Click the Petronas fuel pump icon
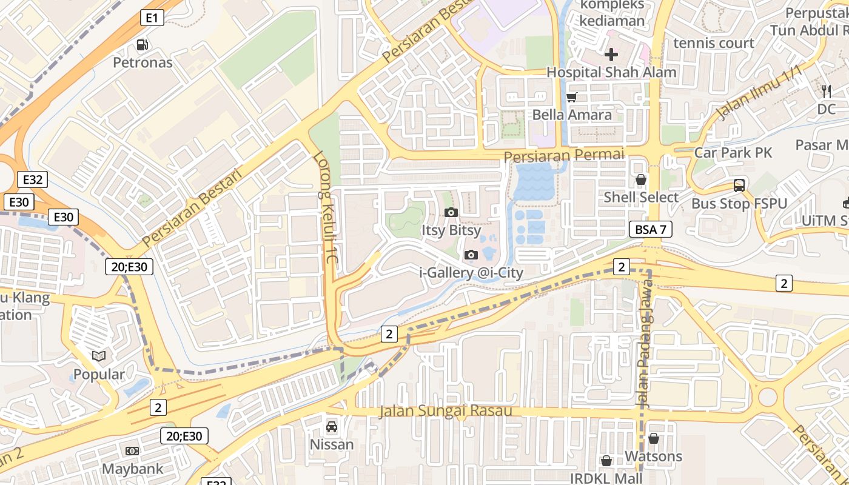143,44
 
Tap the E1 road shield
152,18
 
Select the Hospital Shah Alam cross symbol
611,55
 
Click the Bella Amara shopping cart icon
571,97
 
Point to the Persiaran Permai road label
564,155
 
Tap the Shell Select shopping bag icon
641,180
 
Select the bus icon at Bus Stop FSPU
739,186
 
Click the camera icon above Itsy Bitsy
451,212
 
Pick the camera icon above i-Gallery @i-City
471,255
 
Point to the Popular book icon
99,356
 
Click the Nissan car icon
332,427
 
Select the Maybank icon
132,451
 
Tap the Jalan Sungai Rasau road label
446,411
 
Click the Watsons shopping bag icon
653,438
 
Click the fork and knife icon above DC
827,92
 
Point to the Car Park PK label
733,152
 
